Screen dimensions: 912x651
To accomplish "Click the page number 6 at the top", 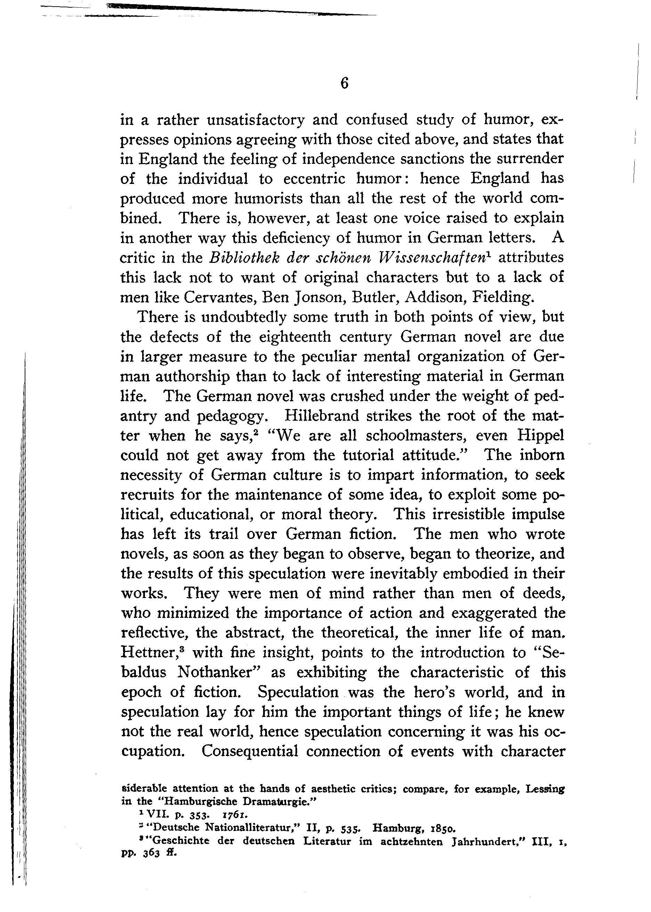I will point(344,83).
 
